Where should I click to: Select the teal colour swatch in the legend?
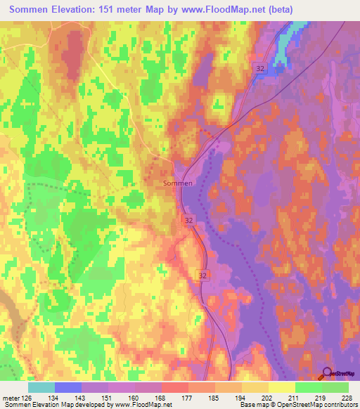[x=41, y=387]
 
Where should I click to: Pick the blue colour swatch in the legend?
[x=68, y=387]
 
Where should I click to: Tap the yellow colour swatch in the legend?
[x=281, y=387]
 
